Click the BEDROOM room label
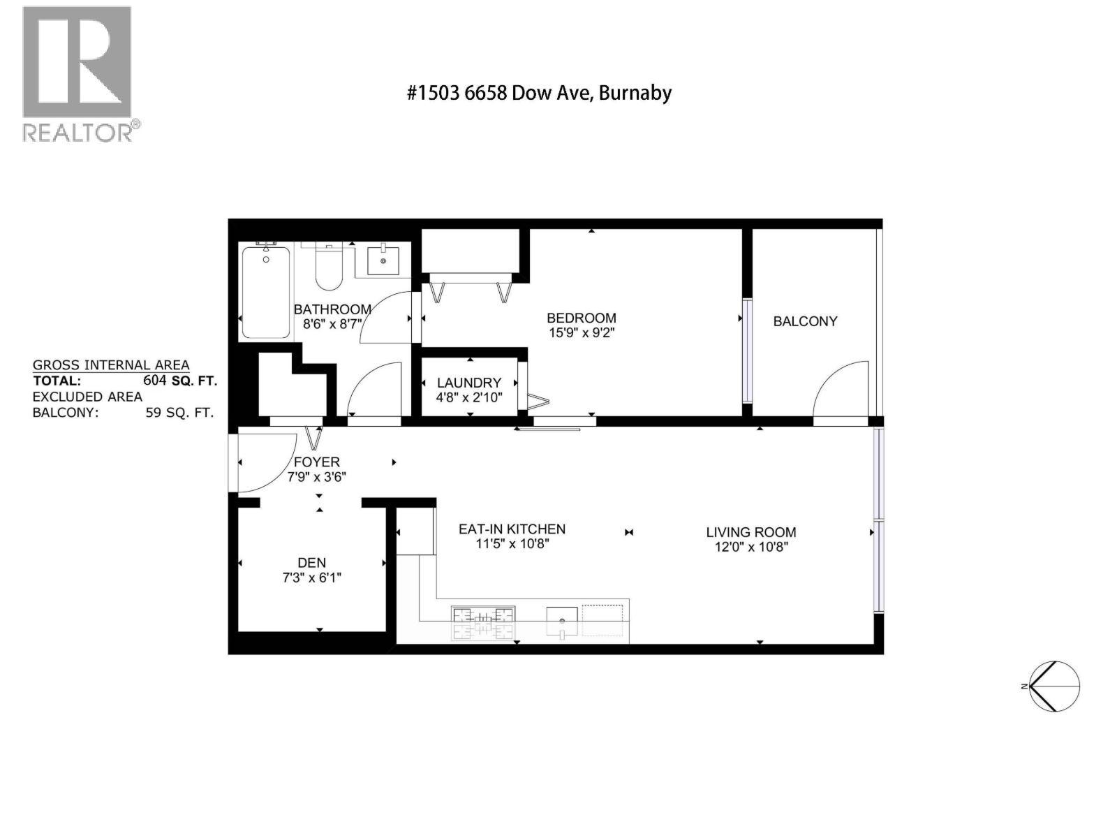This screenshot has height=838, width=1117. [581, 318]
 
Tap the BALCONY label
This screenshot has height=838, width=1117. [805, 321]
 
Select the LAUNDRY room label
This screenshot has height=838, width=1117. [468, 383]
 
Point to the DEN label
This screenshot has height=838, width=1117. [311, 562]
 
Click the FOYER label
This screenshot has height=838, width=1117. [316, 462]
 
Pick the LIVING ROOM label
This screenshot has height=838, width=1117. [750, 532]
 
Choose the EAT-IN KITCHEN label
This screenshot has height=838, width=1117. [512, 529]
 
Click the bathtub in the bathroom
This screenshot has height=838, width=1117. [266, 292]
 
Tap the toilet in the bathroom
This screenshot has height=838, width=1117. [328, 265]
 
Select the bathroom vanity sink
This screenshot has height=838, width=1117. [383, 260]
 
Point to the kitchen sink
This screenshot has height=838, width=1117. [562, 622]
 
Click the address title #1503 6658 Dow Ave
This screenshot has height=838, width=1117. [539, 93]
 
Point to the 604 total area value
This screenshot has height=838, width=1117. [155, 380]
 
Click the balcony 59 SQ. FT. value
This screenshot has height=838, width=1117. [179, 412]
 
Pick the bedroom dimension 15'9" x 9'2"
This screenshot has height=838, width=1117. [582, 333]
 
